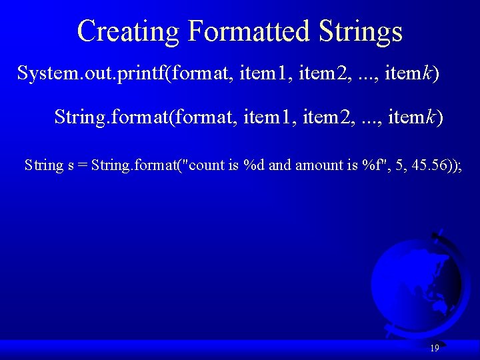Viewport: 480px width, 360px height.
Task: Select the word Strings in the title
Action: click(x=361, y=31)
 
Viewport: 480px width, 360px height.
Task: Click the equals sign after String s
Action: click(x=82, y=165)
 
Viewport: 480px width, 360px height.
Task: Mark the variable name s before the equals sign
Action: click(x=71, y=165)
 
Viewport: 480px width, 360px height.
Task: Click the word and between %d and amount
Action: click(x=279, y=165)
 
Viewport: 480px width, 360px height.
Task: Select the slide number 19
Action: click(x=434, y=348)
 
